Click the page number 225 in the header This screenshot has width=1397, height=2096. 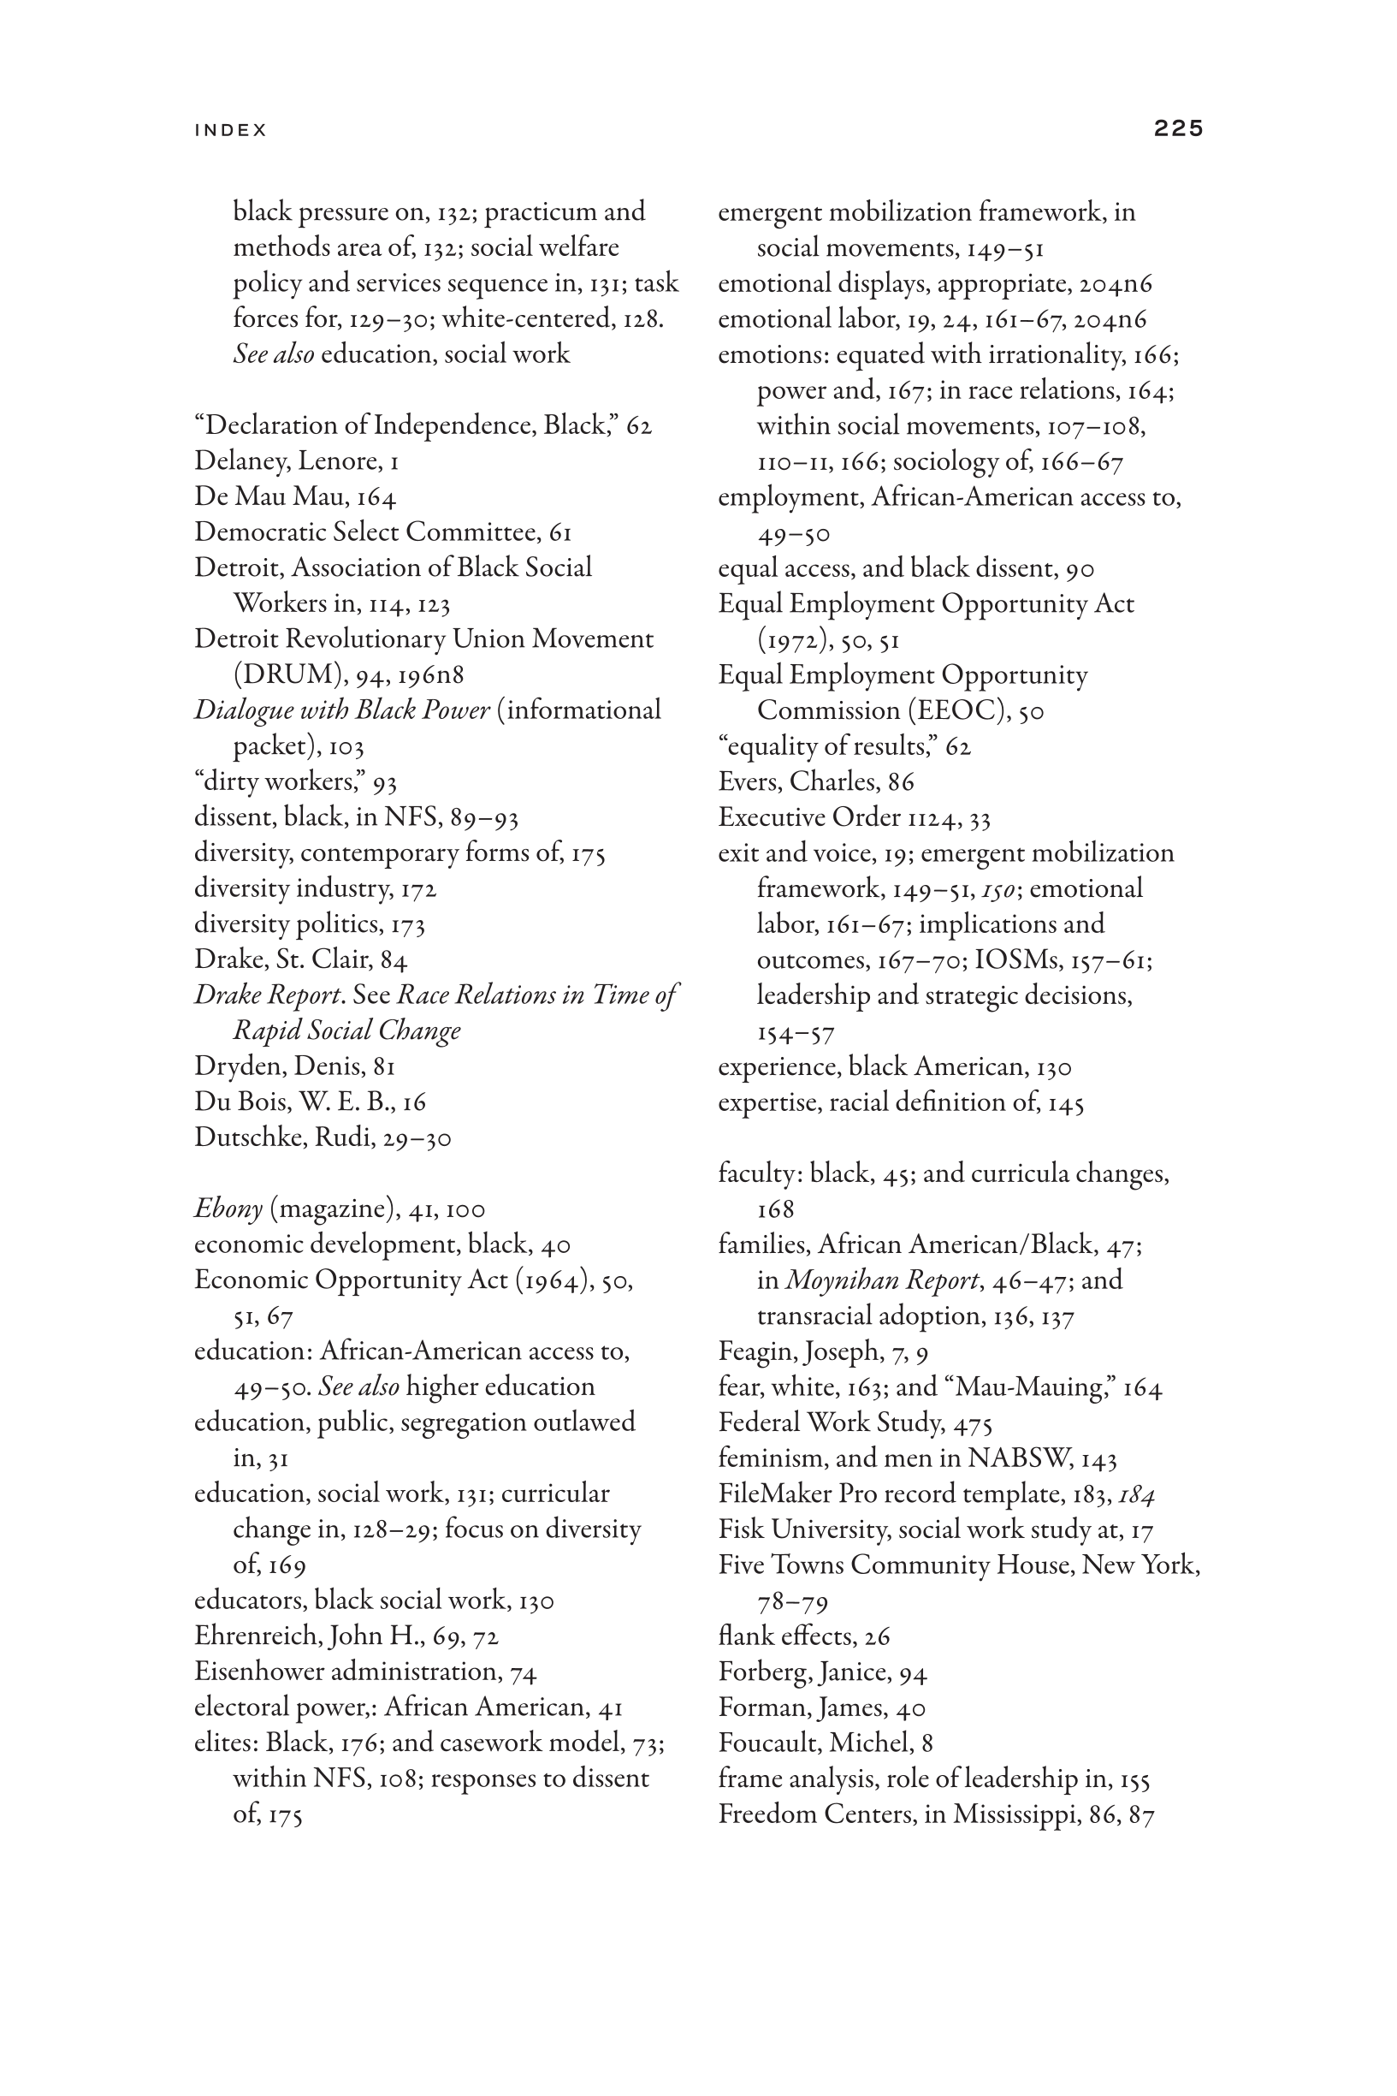point(1178,128)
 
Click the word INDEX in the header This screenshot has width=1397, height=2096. point(231,130)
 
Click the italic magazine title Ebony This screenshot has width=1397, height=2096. point(228,1209)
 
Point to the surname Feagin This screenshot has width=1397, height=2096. point(756,1352)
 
